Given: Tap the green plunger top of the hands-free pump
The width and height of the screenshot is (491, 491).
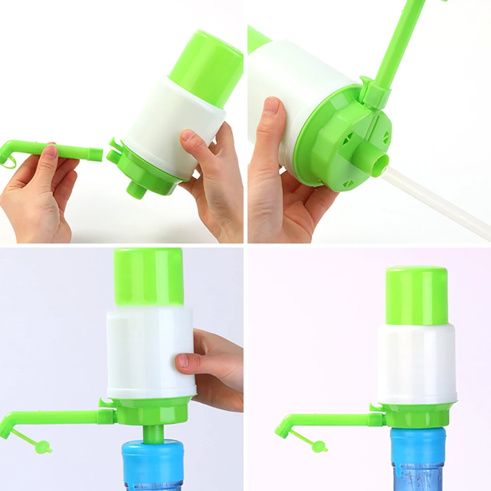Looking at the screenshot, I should [416, 295].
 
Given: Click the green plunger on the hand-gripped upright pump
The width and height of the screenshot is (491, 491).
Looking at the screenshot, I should [149, 277].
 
